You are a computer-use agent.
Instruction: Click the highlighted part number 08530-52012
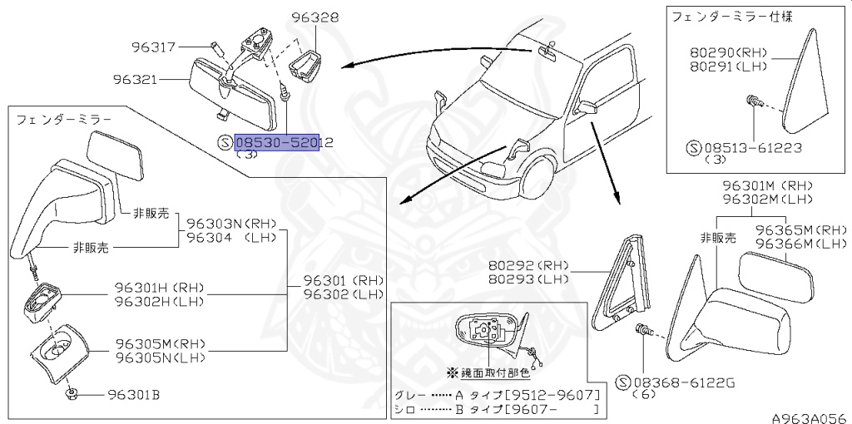pyautogui.click(x=284, y=144)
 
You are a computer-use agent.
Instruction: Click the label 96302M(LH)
pyautogui.click(x=767, y=200)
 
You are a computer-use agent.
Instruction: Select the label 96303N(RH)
pyautogui.click(x=230, y=223)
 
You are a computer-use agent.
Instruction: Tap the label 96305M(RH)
pyautogui.click(x=159, y=344)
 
